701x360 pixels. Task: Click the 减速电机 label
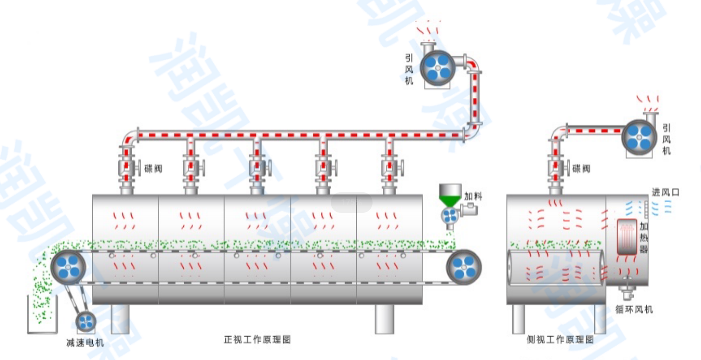pos(85,343)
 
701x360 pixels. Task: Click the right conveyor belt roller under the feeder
pos(463,268)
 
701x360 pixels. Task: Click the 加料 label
pos(474,196)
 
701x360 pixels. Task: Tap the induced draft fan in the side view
pos(638,137)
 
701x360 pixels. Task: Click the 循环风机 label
pos(634,309)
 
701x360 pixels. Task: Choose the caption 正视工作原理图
pos(257,340)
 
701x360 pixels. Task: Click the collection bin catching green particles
pos(42,315)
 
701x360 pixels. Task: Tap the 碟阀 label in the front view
pos(153,168)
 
